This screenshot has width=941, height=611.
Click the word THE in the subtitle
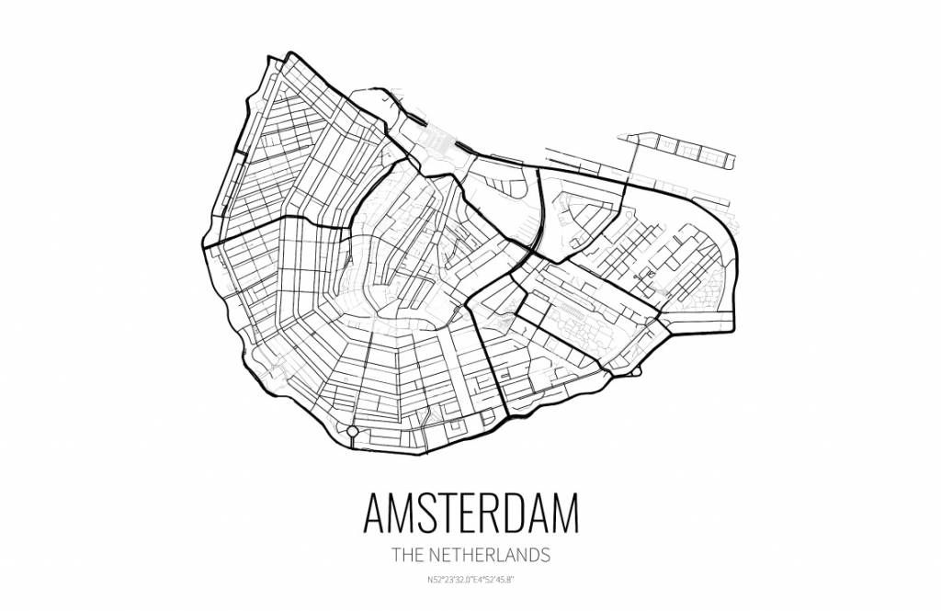point(407,555)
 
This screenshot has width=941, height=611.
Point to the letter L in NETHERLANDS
point(504,555)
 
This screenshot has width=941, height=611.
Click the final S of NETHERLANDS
point(546,555)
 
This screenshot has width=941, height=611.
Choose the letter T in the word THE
point(396,555)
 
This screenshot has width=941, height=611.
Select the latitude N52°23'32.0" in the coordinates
point(448,580)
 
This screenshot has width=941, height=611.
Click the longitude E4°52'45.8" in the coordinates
point(492,580)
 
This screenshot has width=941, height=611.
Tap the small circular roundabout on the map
point(352,430)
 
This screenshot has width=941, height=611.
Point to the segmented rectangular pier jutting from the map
point(685,149)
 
